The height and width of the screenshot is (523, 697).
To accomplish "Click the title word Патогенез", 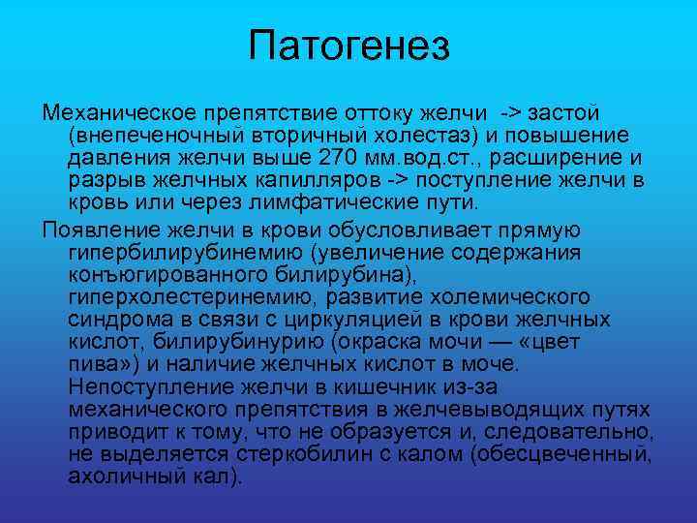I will [x=348, y=46].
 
